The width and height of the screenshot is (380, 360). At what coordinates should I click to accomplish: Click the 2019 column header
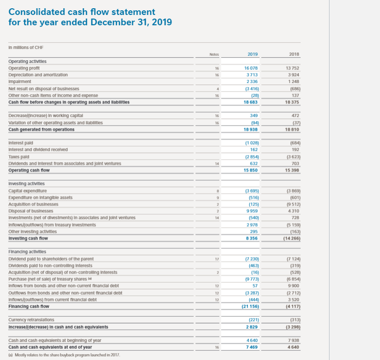[252, 53]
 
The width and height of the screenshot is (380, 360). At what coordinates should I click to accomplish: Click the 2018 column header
[294, 53]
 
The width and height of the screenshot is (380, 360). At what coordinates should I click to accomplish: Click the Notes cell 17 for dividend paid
[218, 259]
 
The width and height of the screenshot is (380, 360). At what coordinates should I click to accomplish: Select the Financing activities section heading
[29, 251]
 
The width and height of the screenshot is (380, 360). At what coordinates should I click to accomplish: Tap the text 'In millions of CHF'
[26, 47]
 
